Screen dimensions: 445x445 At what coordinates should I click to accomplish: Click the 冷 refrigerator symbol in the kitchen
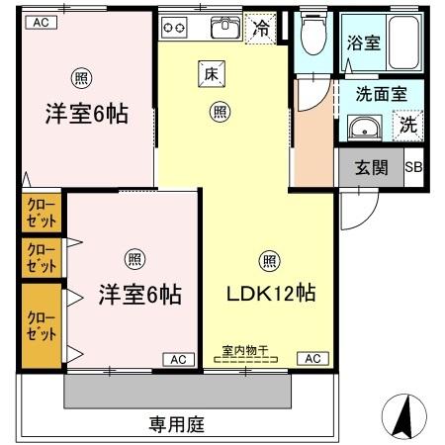pos(260,29)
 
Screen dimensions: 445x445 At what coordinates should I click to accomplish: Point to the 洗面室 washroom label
pos(380,98)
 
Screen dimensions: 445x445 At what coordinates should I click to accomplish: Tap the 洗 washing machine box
pos(408,127)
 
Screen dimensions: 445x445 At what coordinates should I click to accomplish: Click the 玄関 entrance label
pos(371,166)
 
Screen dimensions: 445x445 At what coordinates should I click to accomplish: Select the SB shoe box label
pos(413,166)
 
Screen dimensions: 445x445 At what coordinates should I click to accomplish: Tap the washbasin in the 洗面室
pos(366,129)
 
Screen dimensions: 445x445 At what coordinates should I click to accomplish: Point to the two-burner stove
pos(175,26)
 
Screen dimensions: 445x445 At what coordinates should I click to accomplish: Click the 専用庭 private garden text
pos(175,424)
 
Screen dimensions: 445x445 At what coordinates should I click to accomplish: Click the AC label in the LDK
pos(311,359)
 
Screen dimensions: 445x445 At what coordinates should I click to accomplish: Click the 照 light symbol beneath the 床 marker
pos(218,112)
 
